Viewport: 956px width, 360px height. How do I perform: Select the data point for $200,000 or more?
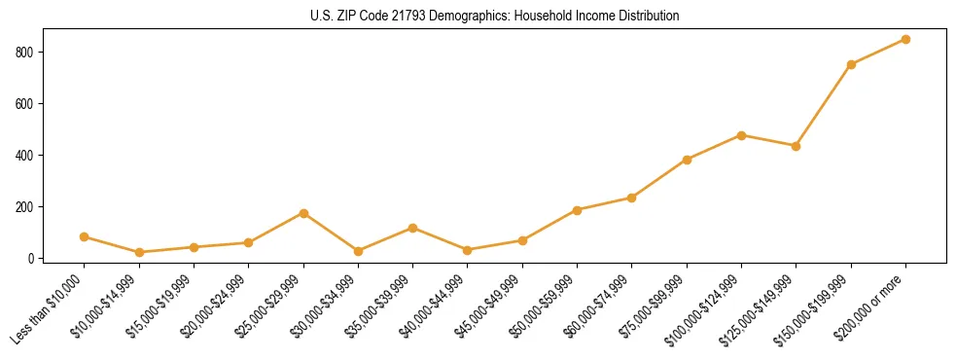tap(905, 39)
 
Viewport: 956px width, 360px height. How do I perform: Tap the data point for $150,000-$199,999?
tap(851, 64)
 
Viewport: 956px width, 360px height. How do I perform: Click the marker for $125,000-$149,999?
tap(796, 146)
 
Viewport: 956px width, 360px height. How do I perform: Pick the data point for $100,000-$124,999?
tap(741, 135)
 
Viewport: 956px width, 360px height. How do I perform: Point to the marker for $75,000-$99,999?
tap(687, 160)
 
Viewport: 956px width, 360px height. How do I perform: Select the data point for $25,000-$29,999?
tap(303, 213)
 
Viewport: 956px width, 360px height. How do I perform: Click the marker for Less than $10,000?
tap(85, 236)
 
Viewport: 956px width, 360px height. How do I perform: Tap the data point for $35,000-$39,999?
tap(412, 228)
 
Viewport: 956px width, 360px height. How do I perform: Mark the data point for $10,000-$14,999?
tap(139, 252)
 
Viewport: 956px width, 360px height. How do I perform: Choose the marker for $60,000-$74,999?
tap(632, 198)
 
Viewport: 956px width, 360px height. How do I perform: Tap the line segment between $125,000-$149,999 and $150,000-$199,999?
tap(824, 105)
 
